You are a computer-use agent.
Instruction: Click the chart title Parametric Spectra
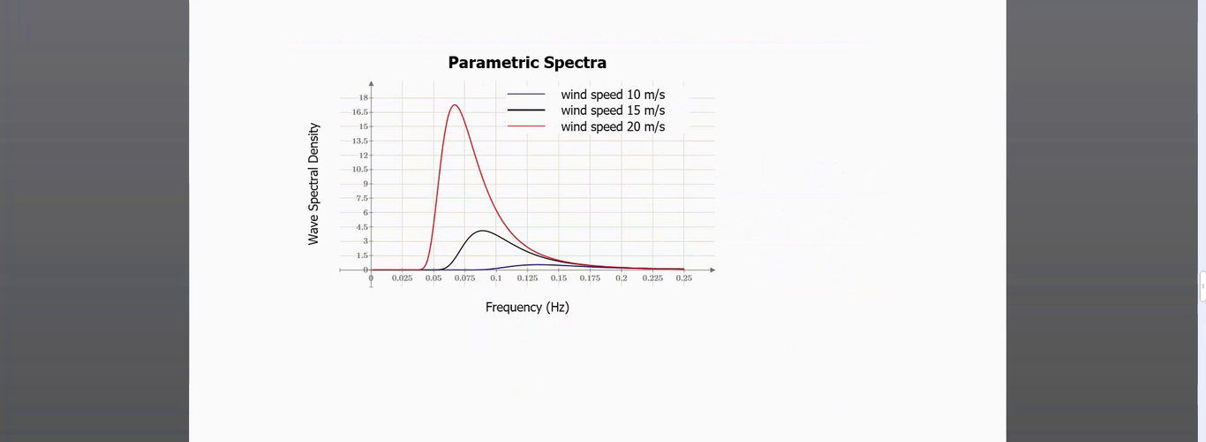(527, 63)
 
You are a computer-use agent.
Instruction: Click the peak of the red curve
(454, 105)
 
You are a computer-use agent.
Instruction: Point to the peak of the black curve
(481, 231)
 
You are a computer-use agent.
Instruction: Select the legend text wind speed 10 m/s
(613, 94)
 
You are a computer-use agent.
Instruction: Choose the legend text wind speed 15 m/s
(613, 110)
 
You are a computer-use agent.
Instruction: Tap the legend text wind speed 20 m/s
(613, 126)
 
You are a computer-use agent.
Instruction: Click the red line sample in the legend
(526, 126)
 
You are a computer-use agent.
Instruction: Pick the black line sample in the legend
(526, 110)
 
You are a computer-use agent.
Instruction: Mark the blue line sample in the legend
(526, 94)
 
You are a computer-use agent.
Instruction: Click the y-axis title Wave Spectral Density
(313, 184)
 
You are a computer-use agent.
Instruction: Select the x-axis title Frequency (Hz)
(527, 307)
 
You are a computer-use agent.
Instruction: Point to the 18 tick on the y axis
(363, 97)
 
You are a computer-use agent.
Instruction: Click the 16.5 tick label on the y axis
(360, 112)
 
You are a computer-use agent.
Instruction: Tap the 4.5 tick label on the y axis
(361, 227)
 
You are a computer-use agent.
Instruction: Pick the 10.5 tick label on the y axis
(360, 170)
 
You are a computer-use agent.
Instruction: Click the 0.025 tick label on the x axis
(402, 278)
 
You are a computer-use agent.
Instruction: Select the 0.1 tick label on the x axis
(496, 278)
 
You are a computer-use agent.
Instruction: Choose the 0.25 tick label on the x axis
(684, 278)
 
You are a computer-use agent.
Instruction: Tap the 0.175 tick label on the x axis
(590, 278)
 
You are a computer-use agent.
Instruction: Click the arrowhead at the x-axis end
(712, 270)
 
